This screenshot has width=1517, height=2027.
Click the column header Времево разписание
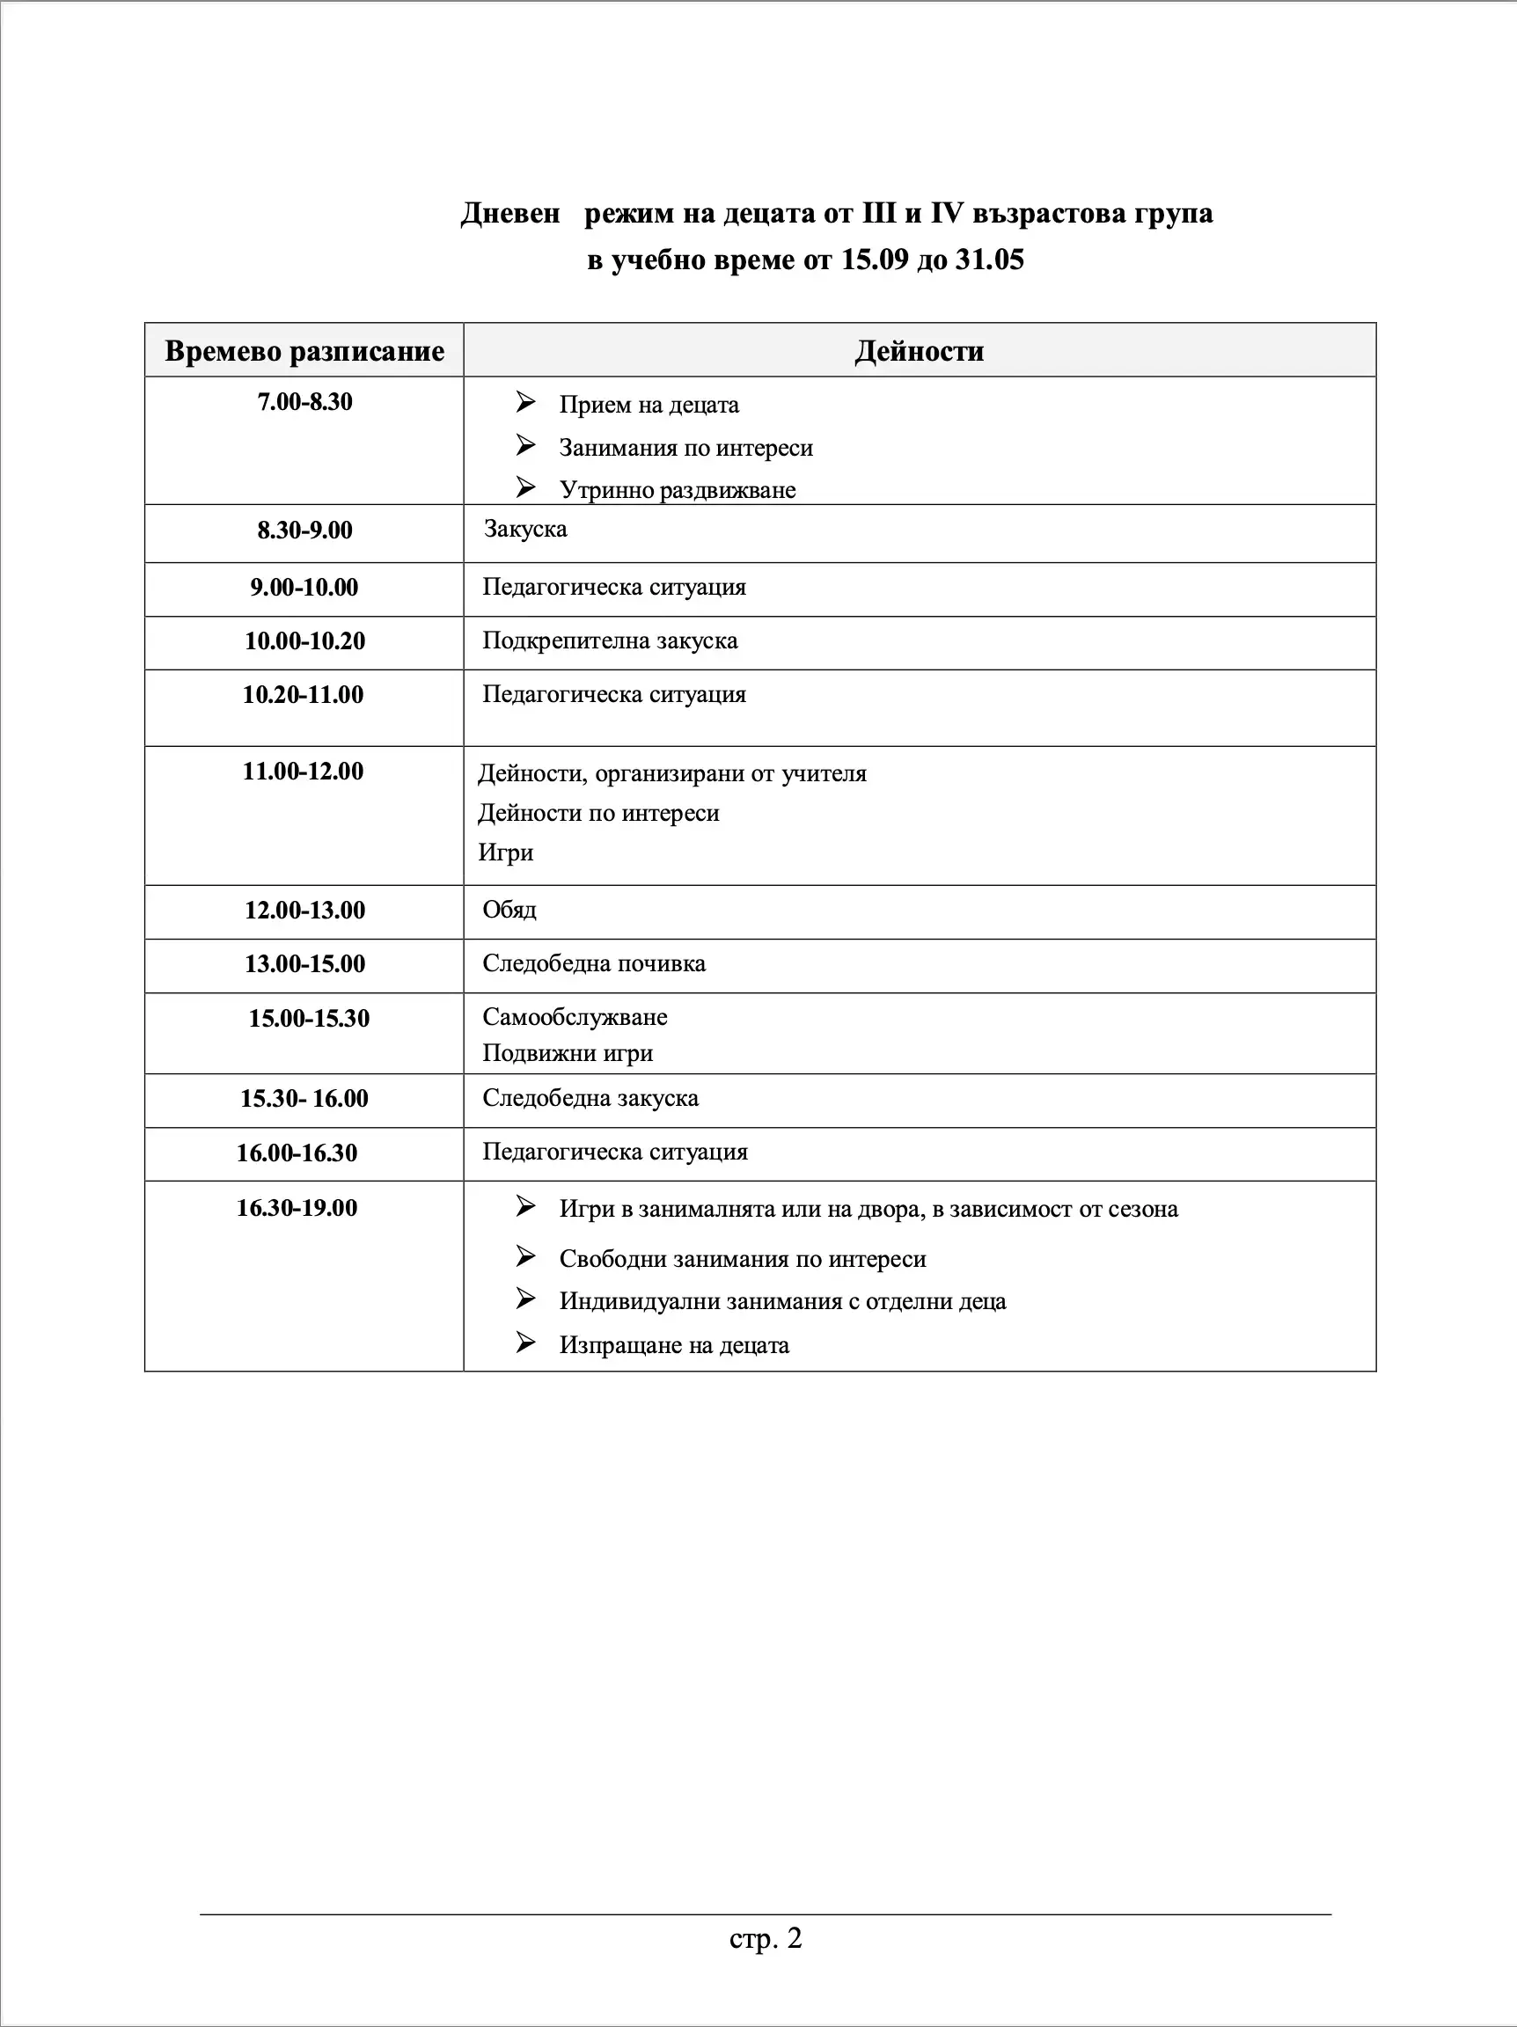(x=304, y=351)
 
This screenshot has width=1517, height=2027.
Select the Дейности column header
(x=920, y=351)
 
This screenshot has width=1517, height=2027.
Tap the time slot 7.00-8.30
(x=304, y=402)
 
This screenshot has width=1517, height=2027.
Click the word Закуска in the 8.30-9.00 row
(x=525, y=529)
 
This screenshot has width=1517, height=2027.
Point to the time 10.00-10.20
(x=304, y=640)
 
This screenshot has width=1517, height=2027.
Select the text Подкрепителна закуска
(x=610, y=640)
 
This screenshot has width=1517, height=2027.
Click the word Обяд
(x=509, y=910)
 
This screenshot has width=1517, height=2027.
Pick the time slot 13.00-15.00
(x=304, y=964)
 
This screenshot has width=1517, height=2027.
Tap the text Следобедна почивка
(x=594, y=964)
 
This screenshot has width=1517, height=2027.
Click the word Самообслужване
(x=575, y=1017)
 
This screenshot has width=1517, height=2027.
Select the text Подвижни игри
(x=568, y=1053)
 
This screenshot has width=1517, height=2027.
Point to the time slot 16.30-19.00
(x=297, y=1208)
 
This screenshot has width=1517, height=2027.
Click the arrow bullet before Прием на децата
(x=525, y=402)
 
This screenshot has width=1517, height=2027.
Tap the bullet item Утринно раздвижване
(x=678, y=490)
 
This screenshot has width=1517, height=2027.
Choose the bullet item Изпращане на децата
(x=674, y=1345)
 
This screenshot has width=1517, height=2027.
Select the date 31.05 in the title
(x=989, y=260)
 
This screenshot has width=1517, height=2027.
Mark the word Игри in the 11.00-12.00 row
(x=505, y=853)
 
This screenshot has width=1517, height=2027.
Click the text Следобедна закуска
(x=590, y=1098)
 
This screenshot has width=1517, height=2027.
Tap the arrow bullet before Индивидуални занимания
(x=525, y=1299)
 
